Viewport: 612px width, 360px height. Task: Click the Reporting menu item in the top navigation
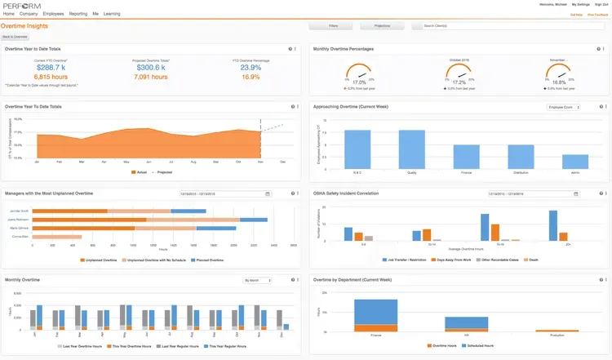78,14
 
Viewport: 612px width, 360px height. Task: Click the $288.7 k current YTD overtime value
50,68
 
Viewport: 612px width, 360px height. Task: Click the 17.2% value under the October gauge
459,82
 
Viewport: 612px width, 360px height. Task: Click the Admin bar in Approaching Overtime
575,161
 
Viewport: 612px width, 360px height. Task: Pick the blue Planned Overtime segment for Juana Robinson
254,220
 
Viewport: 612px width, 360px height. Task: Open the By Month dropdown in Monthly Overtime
257,280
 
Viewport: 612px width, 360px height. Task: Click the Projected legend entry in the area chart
162,172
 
